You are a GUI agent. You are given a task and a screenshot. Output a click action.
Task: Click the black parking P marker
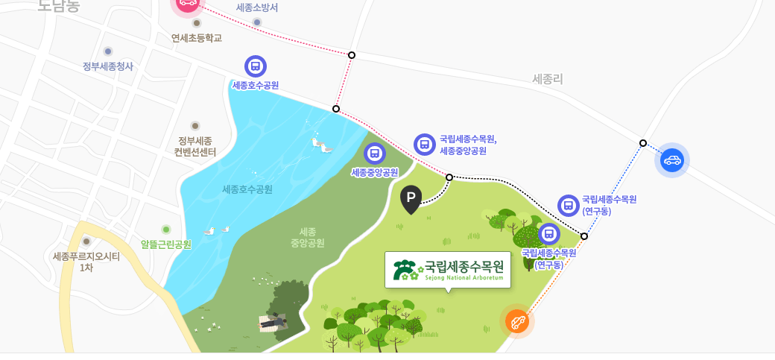coord(411,198)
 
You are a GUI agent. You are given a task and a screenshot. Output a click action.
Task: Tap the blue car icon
coord(672,160)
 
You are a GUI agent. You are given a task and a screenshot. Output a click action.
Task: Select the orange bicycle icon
coord(516,321)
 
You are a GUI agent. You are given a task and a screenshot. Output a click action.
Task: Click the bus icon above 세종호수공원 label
coord(255,66)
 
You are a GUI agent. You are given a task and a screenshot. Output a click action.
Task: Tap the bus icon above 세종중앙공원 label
coord(374,154)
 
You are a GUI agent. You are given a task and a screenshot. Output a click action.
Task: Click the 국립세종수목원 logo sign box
coord(448,269)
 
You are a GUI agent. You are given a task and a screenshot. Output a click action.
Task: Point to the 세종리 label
coord(548,78)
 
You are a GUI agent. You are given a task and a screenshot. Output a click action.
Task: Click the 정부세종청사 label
coord(108,66)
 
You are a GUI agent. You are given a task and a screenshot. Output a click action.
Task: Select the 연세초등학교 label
coord(197,38)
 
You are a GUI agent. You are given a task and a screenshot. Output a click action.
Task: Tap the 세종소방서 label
coord(257,7)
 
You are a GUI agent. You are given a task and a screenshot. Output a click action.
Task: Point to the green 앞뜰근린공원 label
coord(166,244)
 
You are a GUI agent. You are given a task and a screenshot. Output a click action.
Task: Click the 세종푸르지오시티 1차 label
coord(86,262)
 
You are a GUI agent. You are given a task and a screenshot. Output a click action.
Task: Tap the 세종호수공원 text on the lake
coord(247,189)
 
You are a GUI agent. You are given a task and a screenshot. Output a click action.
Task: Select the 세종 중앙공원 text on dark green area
coord(308,237)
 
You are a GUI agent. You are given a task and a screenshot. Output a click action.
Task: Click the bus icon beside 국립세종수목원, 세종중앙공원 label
coord(424,145)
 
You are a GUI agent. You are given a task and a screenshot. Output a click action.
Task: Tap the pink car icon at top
coord(187,3)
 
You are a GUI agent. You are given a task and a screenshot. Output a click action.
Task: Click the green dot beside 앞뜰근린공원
coord(166,229)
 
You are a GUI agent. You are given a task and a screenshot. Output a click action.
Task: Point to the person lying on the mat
coord(273,321)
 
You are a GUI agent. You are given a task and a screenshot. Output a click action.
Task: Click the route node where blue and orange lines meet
coord(584,236)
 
